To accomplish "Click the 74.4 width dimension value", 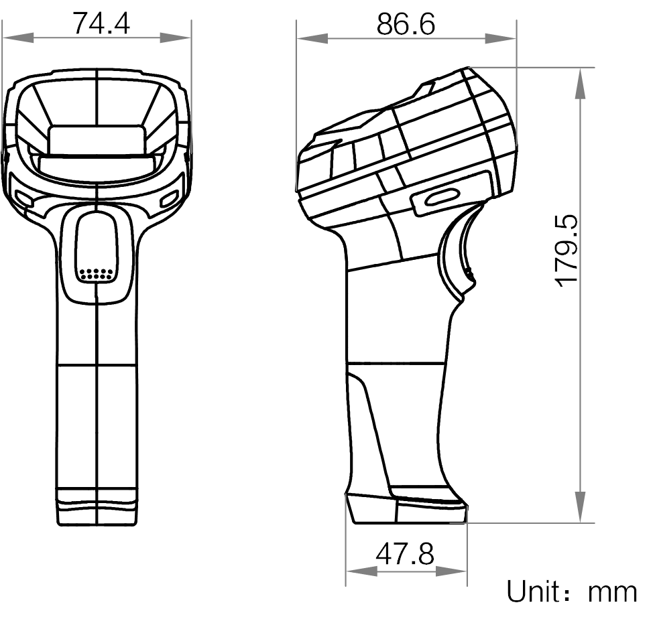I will [101, 23].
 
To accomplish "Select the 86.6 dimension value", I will [406, 24].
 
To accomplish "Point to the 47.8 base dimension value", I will [404, 555].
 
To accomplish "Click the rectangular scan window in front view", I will [97, 140].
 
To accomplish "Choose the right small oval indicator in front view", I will [170, 198].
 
